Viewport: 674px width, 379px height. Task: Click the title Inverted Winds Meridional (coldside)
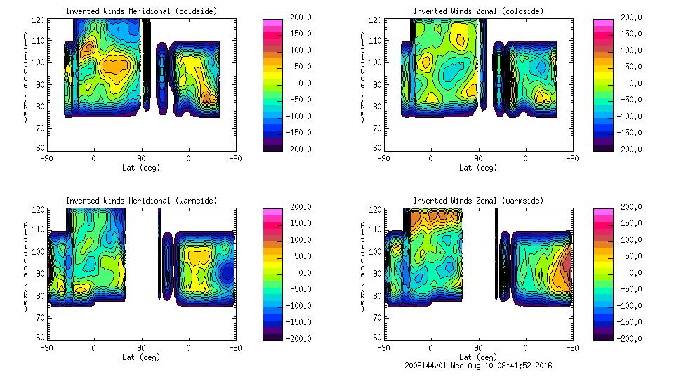coord(141,11)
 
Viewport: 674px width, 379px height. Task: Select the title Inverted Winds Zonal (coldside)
coord(478,11)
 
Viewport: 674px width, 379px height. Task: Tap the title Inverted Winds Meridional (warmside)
coord(141,201)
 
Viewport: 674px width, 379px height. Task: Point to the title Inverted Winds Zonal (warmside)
coord(478,201)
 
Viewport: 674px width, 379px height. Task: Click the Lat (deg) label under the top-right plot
coord(478,168)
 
